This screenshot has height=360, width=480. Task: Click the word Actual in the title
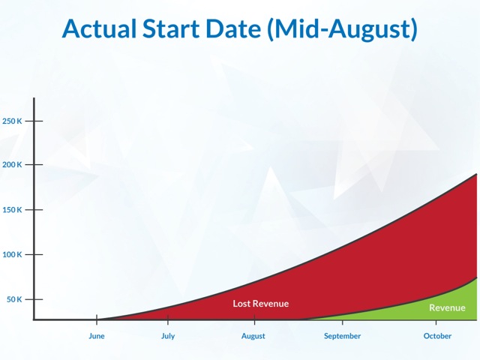[x=99, y=28]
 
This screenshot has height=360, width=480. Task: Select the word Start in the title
[x=171, y=28]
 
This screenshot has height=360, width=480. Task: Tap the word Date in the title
[x=233, y=28]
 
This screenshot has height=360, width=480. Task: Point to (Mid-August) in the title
[x=342, y=29]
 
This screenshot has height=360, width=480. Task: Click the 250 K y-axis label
[x=12, y=121]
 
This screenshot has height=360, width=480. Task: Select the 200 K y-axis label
[x=12, y=165]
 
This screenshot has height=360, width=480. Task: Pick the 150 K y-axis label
[x=12, y=210]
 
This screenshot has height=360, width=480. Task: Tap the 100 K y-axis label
[x=12, y=254]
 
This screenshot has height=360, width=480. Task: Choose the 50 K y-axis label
[x=14, y=299]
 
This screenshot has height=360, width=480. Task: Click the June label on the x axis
[x=97, y=336]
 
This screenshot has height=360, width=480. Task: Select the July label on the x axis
[x=168, y=336]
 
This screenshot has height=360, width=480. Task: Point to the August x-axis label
[x=253, y=336]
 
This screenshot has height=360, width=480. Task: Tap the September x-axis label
[x=342, y=336]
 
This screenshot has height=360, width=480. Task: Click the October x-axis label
[x=437, y=336]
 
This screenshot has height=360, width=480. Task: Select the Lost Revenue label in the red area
[x=261, y=304]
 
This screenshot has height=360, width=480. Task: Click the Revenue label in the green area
[x=447, y=307]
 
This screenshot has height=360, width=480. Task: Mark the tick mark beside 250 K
[x=34, y=121]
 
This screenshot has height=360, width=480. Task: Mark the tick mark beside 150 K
[x=34, y=210]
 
